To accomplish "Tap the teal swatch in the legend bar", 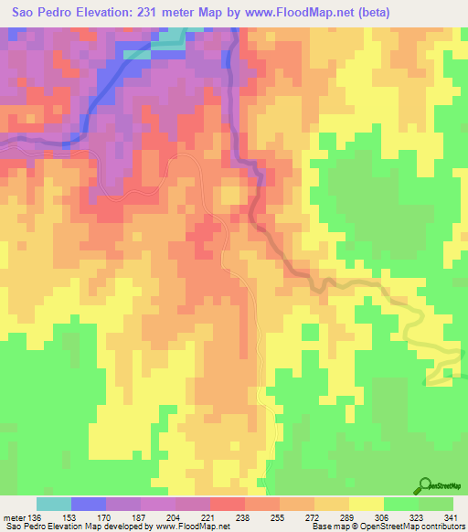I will pos(54,505).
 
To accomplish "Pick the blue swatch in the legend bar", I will pos(89,505).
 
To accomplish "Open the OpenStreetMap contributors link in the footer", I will pos(402,527).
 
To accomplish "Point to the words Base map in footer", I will pos(327,527).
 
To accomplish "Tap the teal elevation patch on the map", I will pos(169,39).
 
